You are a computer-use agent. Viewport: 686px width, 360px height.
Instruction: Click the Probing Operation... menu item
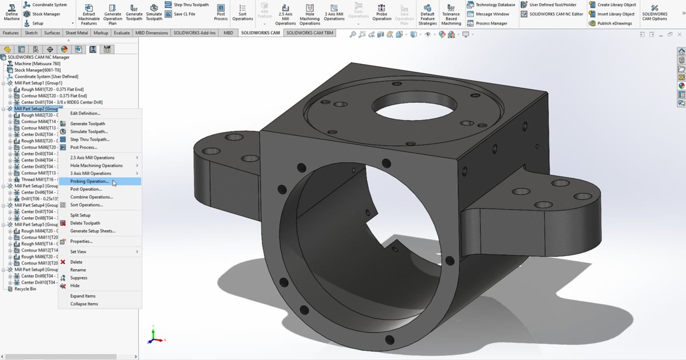(89, 181)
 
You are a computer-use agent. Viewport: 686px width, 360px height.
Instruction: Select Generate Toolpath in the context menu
(87, 123)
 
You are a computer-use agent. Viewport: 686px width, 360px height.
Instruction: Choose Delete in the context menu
(76, 262)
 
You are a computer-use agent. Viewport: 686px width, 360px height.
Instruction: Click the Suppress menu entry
(79, 278)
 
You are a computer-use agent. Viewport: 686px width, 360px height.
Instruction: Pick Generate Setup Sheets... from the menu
(93, 231)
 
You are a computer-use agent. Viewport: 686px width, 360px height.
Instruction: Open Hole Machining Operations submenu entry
(96, 165)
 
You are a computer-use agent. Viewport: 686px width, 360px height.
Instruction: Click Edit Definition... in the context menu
(85, 113)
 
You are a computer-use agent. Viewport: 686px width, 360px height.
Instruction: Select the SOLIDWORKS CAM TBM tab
(309, 33)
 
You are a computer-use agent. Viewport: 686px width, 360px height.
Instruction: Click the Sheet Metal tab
(77, 33)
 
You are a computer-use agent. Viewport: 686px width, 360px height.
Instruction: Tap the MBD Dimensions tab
(151, 33)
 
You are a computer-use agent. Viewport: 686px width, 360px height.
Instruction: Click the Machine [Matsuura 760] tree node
(37, 64)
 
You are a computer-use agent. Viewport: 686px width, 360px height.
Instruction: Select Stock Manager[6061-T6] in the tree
(37, 70)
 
